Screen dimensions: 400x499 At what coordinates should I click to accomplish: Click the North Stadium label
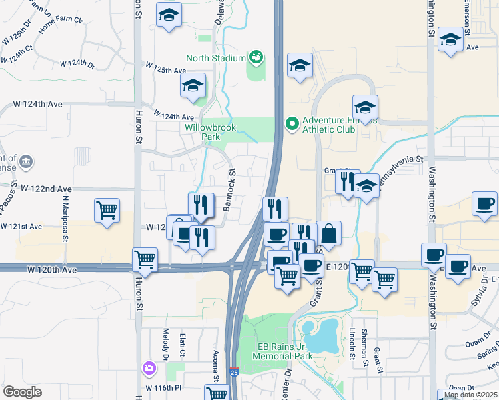click(216, 58)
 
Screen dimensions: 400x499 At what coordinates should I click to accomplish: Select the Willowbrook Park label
click(202, 131)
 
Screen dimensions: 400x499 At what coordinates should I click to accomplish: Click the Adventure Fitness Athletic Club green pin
click(291, 123)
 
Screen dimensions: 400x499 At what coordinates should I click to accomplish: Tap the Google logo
click(22, 392)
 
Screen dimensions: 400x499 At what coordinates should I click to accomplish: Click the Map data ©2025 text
click(470, 395)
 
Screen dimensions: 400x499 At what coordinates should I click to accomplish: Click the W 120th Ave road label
click(54, 269)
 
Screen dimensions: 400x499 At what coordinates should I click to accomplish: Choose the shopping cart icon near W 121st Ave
click(107, 211)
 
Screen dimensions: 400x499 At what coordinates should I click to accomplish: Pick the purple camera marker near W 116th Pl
click(148, 367)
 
